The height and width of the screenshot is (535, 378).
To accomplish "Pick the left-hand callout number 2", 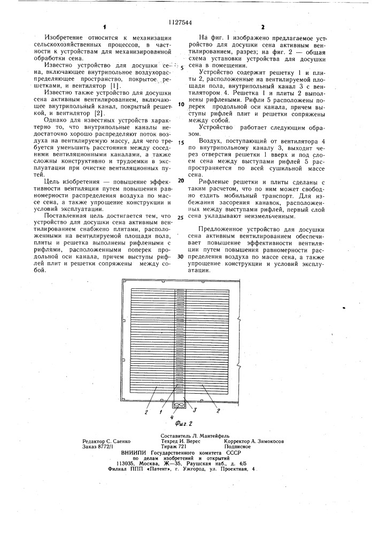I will pyautogui.click(x=146, y=411).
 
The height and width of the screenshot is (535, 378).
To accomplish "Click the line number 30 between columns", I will pyautogui.click(x=180, y=256).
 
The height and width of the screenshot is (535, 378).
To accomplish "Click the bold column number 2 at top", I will pyautogui.click(x=263, y=26).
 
